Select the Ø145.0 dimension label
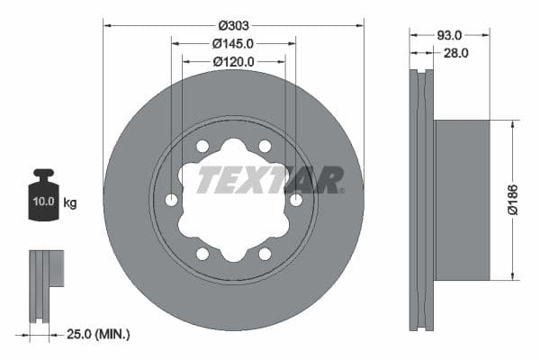(233, 42)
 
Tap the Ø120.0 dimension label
(233, 61)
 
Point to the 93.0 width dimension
(449, 34)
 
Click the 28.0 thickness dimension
(456, 53)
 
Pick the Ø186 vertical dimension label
(513, 199)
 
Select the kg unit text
(70, 203)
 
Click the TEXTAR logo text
(270, 179)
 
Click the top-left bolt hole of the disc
(202, 146)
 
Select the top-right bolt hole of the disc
(265, 146)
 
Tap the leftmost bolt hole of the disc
(171, 200)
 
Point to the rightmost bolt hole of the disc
(296, 200)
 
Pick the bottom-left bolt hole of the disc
(202, 254)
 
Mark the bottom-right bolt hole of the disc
(265, 254)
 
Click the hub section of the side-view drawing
(462, 200)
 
